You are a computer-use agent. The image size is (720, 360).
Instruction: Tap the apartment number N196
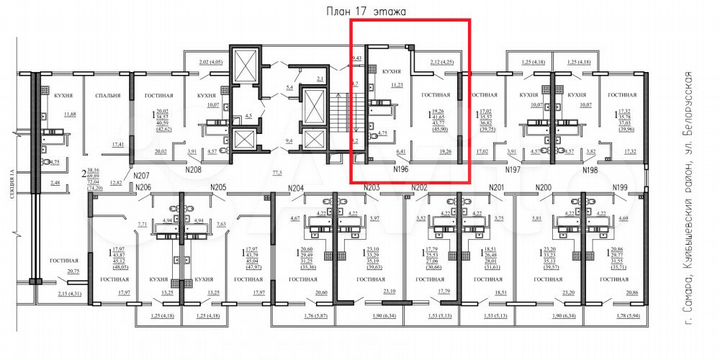tap(403, 169)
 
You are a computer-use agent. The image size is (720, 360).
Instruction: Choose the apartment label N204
tap(295, 188)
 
